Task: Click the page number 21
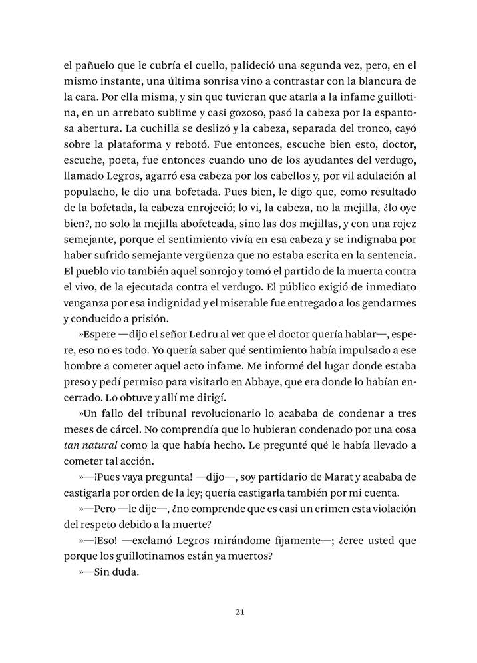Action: tap(239, 612)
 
